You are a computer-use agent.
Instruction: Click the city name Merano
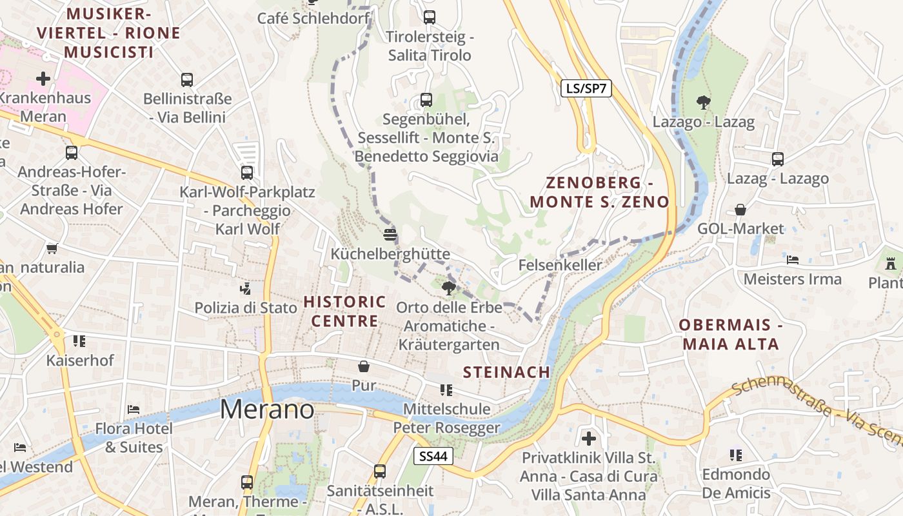coord(267,410)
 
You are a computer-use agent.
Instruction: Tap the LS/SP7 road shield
coord(586,89)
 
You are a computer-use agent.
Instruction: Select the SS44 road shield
coord(433,457)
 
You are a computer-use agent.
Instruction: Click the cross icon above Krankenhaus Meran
coord(43,79)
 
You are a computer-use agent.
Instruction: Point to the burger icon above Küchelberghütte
coord(390,234)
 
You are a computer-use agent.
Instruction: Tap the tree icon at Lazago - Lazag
coord(703,101)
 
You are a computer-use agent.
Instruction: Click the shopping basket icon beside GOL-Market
coord(740,210)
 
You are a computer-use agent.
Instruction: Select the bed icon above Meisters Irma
coord(793,259)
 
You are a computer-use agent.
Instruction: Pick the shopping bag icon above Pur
coord(364,366)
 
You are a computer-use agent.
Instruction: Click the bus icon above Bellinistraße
coord(187,80)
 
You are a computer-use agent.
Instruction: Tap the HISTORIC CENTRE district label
coord(344,311)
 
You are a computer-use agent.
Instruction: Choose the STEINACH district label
coord(506,372)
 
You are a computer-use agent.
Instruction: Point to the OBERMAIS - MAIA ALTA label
coord(731,334)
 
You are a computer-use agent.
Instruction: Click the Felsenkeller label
coord(560,265)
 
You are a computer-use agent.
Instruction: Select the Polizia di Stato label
coord(246,308)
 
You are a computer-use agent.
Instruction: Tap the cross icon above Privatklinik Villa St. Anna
coord(588,439)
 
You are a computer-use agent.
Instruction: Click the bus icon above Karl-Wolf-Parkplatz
coord(247,172)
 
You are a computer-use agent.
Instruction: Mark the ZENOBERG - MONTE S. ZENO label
coord(599,192)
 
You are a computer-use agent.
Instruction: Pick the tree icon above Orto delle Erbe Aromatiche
coord(448,288)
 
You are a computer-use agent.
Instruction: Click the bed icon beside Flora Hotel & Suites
coord(134,409)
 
